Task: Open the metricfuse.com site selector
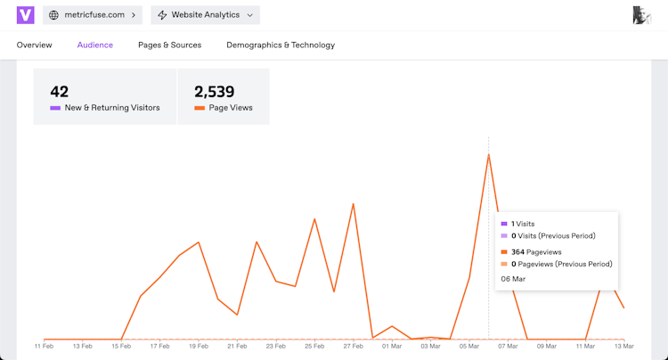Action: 93,15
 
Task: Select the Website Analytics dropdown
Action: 205,15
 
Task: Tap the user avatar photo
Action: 641,15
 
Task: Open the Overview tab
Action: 35,45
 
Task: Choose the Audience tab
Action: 95,45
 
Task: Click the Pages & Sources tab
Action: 169,45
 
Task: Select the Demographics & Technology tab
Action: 281,45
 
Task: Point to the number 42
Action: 60,91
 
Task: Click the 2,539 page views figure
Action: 214,91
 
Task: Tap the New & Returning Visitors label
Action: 112,108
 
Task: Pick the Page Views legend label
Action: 231,108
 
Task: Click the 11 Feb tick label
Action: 45,346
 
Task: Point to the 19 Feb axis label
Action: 199,346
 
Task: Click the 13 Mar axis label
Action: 623,346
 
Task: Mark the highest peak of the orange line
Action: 489,154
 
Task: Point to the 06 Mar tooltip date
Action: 513,279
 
